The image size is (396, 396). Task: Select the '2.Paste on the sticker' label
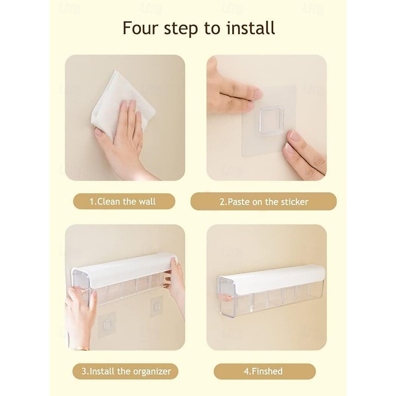[x=264, y=202]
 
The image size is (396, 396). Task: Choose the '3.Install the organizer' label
[x=126, y=371]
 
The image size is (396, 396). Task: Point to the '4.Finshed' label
[x=263, y=371]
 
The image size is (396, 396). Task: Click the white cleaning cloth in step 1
[x=119, y=101]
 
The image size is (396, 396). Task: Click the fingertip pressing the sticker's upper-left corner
[x=257, y=94]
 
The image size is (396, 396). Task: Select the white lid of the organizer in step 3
[x=124, y=268]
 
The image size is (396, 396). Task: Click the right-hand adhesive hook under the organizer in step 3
[x=156, y=307]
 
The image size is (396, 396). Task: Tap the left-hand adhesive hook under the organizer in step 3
[x=107, y=324]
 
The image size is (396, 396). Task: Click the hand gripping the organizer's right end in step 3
[x=175, y=286]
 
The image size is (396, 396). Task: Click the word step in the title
[x=181, y=29]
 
